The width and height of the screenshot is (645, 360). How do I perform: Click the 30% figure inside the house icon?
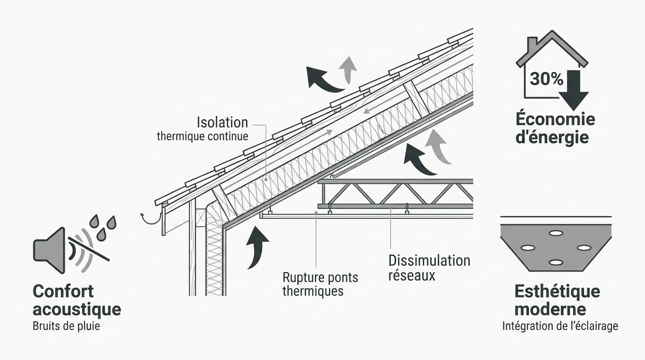(546, 79)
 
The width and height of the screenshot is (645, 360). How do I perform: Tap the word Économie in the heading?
(555, 119)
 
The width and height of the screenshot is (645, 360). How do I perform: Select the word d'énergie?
(552, 137)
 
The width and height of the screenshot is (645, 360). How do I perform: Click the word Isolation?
(222, 122)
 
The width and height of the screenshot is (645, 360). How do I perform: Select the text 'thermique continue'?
(202, 136)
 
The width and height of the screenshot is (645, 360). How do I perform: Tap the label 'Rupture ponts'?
(320, 277)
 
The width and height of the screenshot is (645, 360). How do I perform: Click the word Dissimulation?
(429, 261)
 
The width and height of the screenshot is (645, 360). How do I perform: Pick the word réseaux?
(412, 275)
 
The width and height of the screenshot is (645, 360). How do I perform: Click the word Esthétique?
(557, 292)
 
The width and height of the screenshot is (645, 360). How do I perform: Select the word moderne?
(550, 309)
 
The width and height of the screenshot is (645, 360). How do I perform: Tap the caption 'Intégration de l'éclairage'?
(560, 326)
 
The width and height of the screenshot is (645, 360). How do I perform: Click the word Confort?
(63, 291)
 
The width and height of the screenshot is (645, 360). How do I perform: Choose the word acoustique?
(77, 309)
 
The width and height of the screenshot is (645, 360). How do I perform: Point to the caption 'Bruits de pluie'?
(66, 326)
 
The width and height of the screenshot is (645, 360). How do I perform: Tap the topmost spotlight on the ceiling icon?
(556, 233)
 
